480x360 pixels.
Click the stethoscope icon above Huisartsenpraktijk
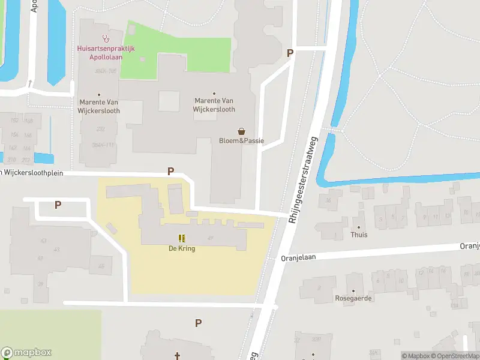click(106, 37)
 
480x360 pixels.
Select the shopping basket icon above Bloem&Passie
click(241, 131)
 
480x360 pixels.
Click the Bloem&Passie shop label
click(241, 142)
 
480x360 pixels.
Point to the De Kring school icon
click(182, 238)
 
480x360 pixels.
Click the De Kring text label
click(182, 248)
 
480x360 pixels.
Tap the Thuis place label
click(359, 235)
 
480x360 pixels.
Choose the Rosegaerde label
click(353, 298)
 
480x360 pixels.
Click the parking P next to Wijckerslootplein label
click(171, 172)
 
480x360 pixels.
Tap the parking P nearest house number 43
click(58, 205)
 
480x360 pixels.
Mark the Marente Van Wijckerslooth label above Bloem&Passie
click(214, 105)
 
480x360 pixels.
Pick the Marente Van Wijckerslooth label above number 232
click(100, 106)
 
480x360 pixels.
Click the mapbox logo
click(26, 353)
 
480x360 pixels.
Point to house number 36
click(329, 200)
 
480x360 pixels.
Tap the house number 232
click(100, 128)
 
